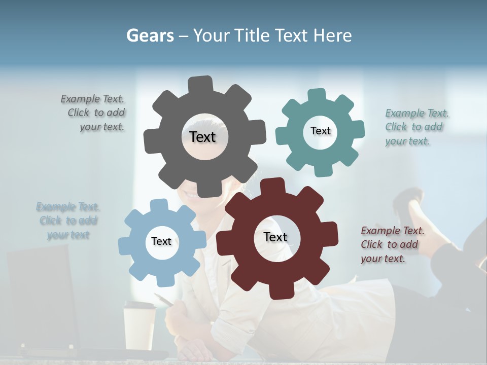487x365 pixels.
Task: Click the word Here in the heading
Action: click(332, 35)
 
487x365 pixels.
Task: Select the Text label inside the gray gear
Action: click(202, 137)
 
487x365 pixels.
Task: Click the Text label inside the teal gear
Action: click(320, 131)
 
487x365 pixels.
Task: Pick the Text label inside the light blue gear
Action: click(161, 241)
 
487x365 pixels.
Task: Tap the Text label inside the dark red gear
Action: click(275, 237)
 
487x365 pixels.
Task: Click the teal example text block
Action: click(416, 127)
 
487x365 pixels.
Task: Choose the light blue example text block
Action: click(68, 221)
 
